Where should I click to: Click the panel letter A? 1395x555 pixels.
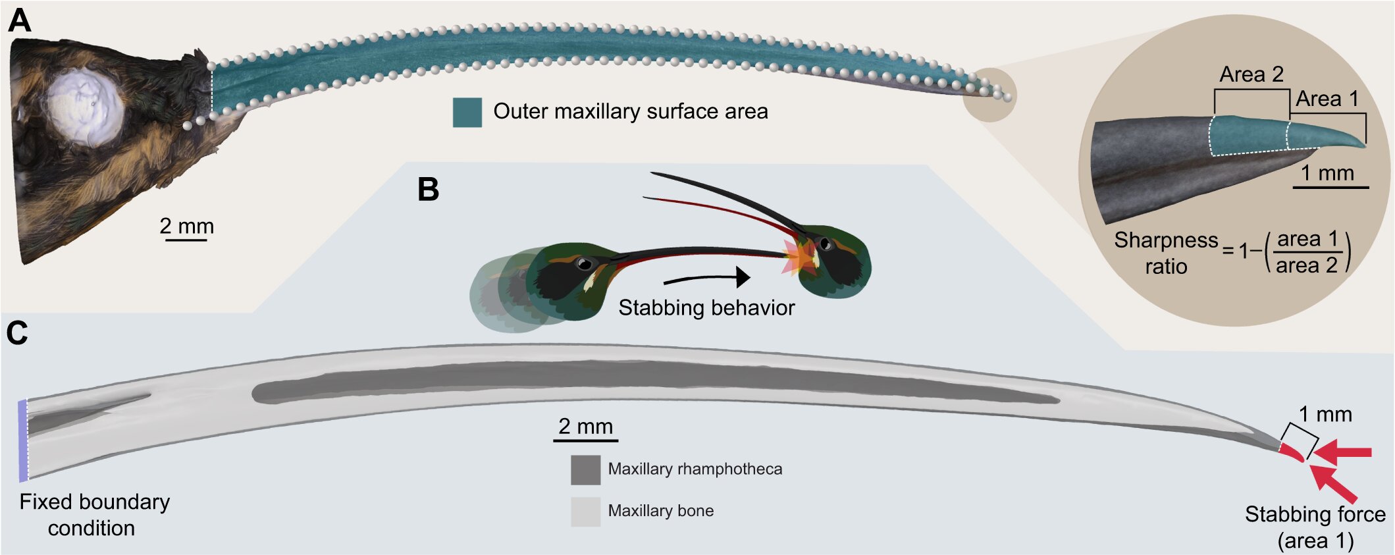point(19,20)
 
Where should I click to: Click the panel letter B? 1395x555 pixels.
point(428,190)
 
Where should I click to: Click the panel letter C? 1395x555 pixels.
point(17,333)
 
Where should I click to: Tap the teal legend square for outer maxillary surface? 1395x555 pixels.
point(467,112)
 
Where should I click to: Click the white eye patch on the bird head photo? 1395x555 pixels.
point(84,109)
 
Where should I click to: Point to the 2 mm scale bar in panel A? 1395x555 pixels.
point(186,240)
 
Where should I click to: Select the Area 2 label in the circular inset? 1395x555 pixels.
point(1251,74)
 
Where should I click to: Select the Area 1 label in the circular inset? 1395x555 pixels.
point(1327,99)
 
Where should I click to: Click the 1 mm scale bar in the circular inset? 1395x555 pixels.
point(1330,188)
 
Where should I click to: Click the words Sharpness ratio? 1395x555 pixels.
point(1165,253)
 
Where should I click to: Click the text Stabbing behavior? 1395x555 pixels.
point(706,307)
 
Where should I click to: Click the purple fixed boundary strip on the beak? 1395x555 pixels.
point(23,440)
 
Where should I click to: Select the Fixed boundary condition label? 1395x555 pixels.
point(93,515)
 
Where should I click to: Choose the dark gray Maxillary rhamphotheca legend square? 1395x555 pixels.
point(585,469)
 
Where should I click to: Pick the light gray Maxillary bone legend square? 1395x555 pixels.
point(585,512)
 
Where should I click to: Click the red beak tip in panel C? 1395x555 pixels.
point(1292,452)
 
